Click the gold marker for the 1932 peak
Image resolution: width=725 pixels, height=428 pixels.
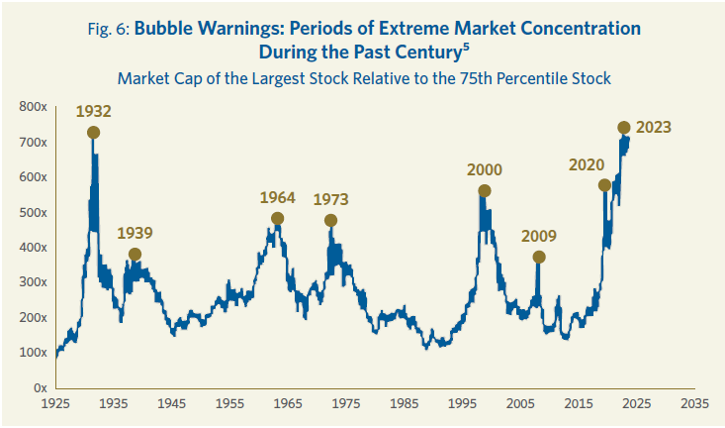pos(93,132)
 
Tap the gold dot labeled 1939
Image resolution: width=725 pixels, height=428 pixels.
pos(135,255)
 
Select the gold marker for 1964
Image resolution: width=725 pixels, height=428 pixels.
pos(277,219)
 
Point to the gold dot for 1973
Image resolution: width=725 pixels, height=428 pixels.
pos(330,221)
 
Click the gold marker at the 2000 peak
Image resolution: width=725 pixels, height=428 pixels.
pos(485,191)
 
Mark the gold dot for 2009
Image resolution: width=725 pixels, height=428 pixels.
pos(538,258)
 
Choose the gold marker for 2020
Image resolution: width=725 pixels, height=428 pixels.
pos(604,185)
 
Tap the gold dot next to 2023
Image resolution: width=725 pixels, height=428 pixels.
pos(624,128)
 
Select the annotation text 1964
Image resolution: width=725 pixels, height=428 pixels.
pos(277,197)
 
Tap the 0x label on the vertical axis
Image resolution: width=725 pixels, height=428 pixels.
pos(40,386)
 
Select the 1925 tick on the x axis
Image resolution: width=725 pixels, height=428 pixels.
pos(55,404)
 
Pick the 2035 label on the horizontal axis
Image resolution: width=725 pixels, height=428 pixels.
pos(694,404)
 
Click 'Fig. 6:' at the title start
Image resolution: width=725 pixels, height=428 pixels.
pos(108,28)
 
